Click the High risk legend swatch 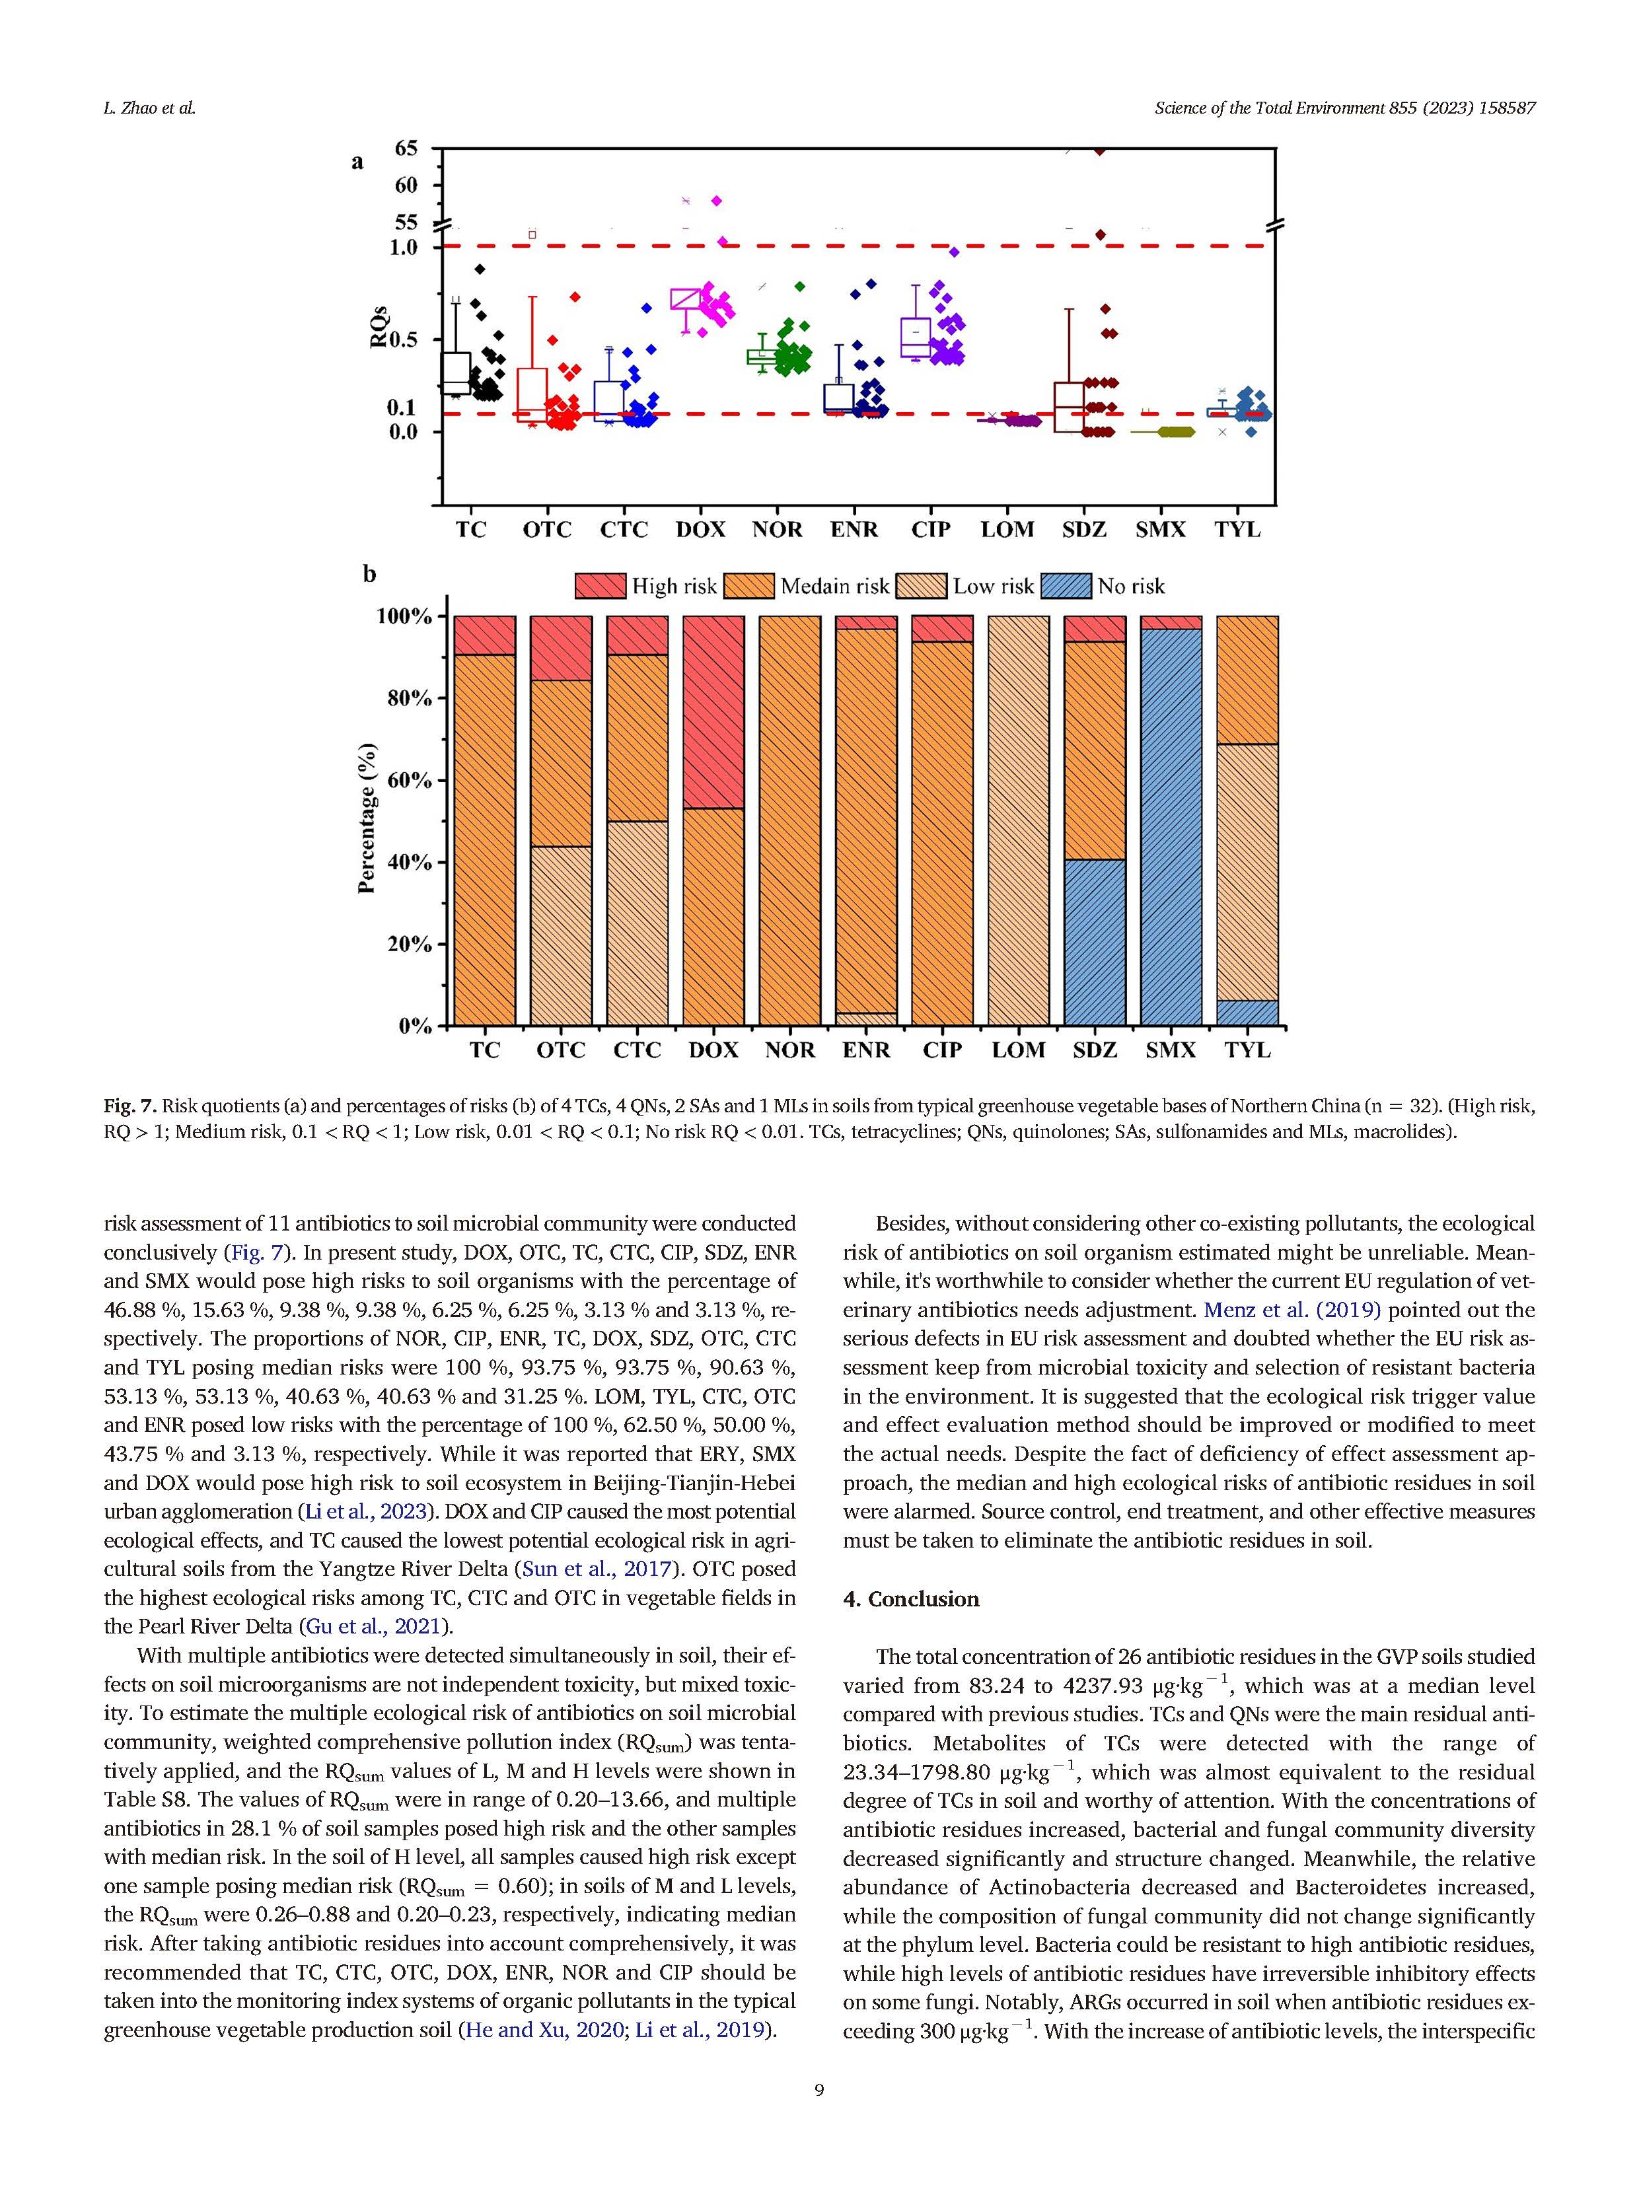coord(601,586)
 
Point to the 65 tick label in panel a coord(406,148)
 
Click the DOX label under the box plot coord(700,530)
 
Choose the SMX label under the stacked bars coord(1171,1050)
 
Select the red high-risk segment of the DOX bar coord(713,711)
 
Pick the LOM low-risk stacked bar coord(1019,820)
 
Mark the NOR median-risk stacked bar coord(789,820)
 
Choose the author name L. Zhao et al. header coord(149,108)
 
